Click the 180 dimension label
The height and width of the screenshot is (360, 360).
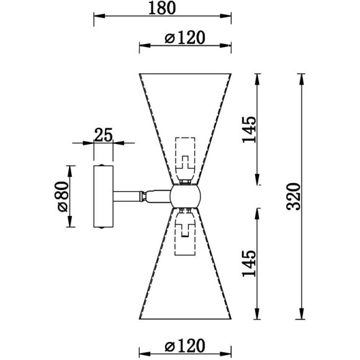[162, 8]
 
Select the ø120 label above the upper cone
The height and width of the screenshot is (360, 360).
[184, 38]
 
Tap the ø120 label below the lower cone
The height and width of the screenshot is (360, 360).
[184, 345]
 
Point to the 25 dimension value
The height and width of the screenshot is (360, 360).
[103, 135]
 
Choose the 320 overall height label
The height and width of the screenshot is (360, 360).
[293, 197]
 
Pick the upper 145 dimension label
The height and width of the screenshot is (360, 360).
[249, 130]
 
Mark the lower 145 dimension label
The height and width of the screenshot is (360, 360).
[249, 263]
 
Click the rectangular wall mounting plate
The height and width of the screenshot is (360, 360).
[103, 196]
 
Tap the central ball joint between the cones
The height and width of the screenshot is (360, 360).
[185, 196]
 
